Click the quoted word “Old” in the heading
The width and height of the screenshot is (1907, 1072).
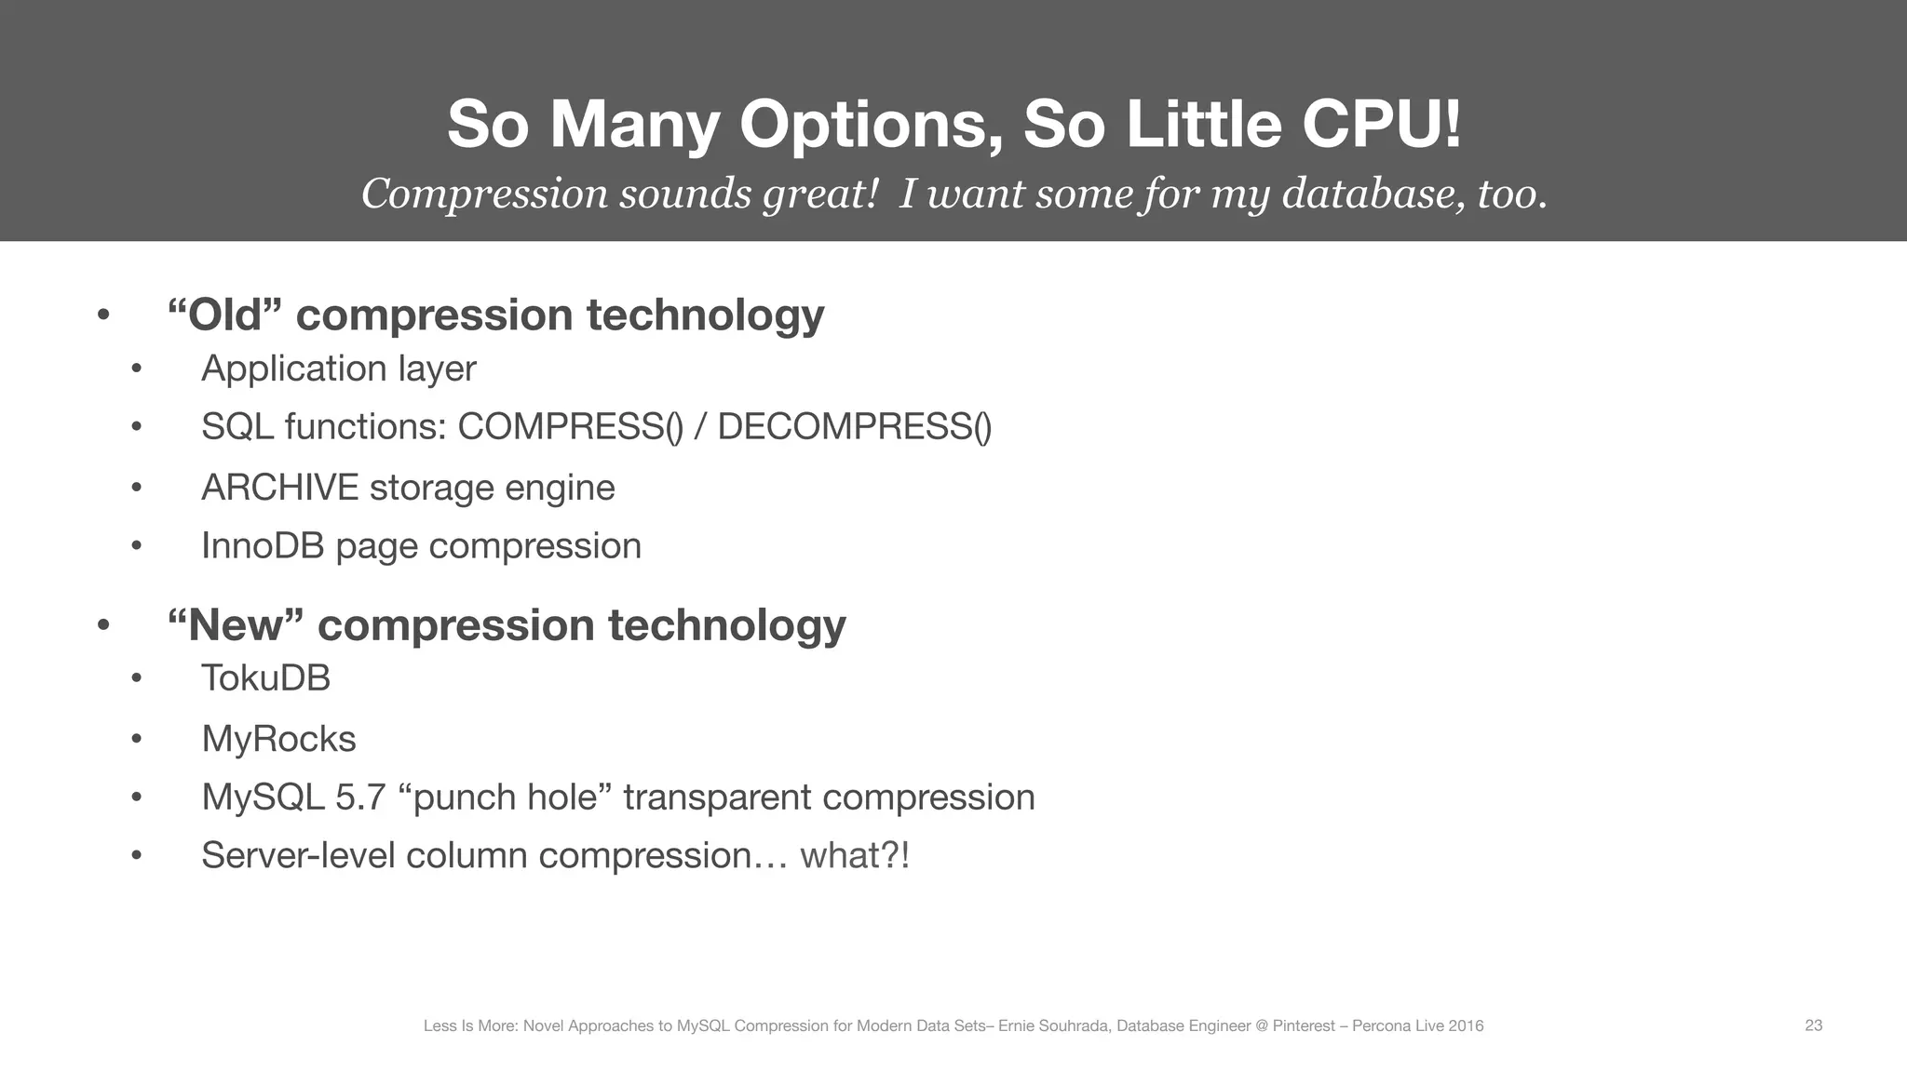(x=224, y=315)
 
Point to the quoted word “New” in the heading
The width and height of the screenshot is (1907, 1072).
(x=236, y=624)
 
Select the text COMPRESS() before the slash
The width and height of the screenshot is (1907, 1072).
(x=571, y=427)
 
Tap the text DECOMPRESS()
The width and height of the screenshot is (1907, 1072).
(x=854, y=427)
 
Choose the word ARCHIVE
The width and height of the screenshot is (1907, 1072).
(x=279, y=488)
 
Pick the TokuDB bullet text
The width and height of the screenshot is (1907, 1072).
(x=265, y=678)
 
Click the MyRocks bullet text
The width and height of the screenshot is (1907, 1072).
(x=278, y=739)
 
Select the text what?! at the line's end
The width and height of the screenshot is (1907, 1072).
(x=854, y=855)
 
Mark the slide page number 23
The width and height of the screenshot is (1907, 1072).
(x=1813, y=1025)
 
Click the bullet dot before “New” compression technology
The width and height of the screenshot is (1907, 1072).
(x=103, y=624)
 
